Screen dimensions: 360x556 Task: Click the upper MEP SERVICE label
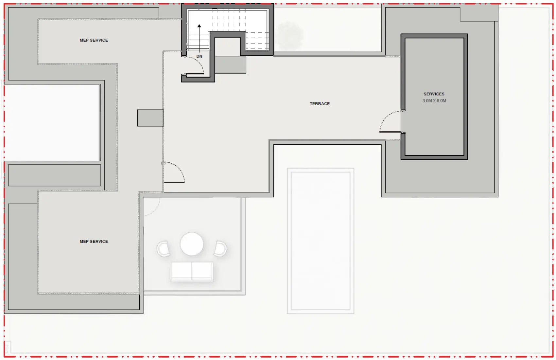[x=94, y=40]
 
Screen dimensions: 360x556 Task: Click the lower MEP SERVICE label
[x=94, y=242]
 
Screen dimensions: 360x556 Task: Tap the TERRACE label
[x=320, y=104]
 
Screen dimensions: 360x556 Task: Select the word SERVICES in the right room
[x=434, y=94]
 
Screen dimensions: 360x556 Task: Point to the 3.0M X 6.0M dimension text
[x=434, y=101]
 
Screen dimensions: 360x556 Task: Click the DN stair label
[x=199, y=57]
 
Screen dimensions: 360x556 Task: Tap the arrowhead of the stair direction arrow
[x=199, y=26]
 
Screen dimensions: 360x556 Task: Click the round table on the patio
[x=192, y=244]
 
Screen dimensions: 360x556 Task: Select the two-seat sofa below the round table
[x=192, y=271]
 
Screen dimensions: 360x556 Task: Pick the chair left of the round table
[x=164, y=249]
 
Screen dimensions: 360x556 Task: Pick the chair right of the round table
[x=220, y=249]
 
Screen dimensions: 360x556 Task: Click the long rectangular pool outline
[x=321, y=241]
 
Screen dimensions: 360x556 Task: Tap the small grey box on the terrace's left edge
[x=150, y=118]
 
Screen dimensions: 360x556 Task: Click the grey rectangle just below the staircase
[x=230, y=65]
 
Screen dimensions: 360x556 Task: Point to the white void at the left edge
[x=52, y=122]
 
